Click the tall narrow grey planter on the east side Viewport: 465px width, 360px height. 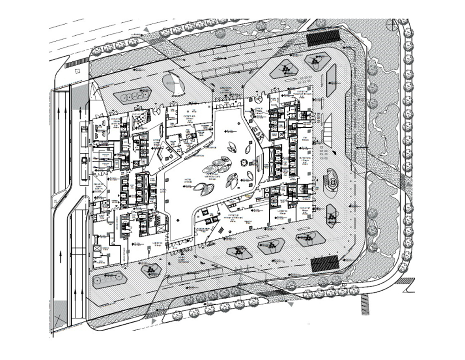pos(332,80)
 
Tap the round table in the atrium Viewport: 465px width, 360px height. pos(244,163)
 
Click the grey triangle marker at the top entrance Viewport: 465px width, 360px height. pos(148,31)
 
